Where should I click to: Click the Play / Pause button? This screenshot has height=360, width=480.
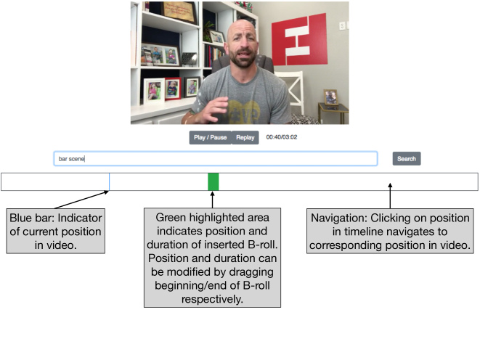[211, 138]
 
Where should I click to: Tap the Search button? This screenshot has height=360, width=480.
[407, 159]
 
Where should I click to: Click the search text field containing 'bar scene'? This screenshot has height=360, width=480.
[216, 159]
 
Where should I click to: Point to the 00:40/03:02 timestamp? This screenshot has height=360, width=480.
[282, 137]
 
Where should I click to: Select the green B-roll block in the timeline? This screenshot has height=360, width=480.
[213, 181]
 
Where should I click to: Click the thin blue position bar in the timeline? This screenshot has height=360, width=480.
[109, 181]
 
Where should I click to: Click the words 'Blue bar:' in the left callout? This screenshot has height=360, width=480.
[32, 218]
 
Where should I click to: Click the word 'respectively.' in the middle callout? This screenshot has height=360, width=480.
[212, 299]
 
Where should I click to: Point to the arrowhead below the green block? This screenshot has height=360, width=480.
[213, 194]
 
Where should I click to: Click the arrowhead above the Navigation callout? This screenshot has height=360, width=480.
[390, 185]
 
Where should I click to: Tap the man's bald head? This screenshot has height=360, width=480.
[242, 28]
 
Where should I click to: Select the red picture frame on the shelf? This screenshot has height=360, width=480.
[173, 89]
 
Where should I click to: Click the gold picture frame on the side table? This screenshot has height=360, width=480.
[331, 97]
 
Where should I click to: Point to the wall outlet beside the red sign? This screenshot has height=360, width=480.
[342, 26]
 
